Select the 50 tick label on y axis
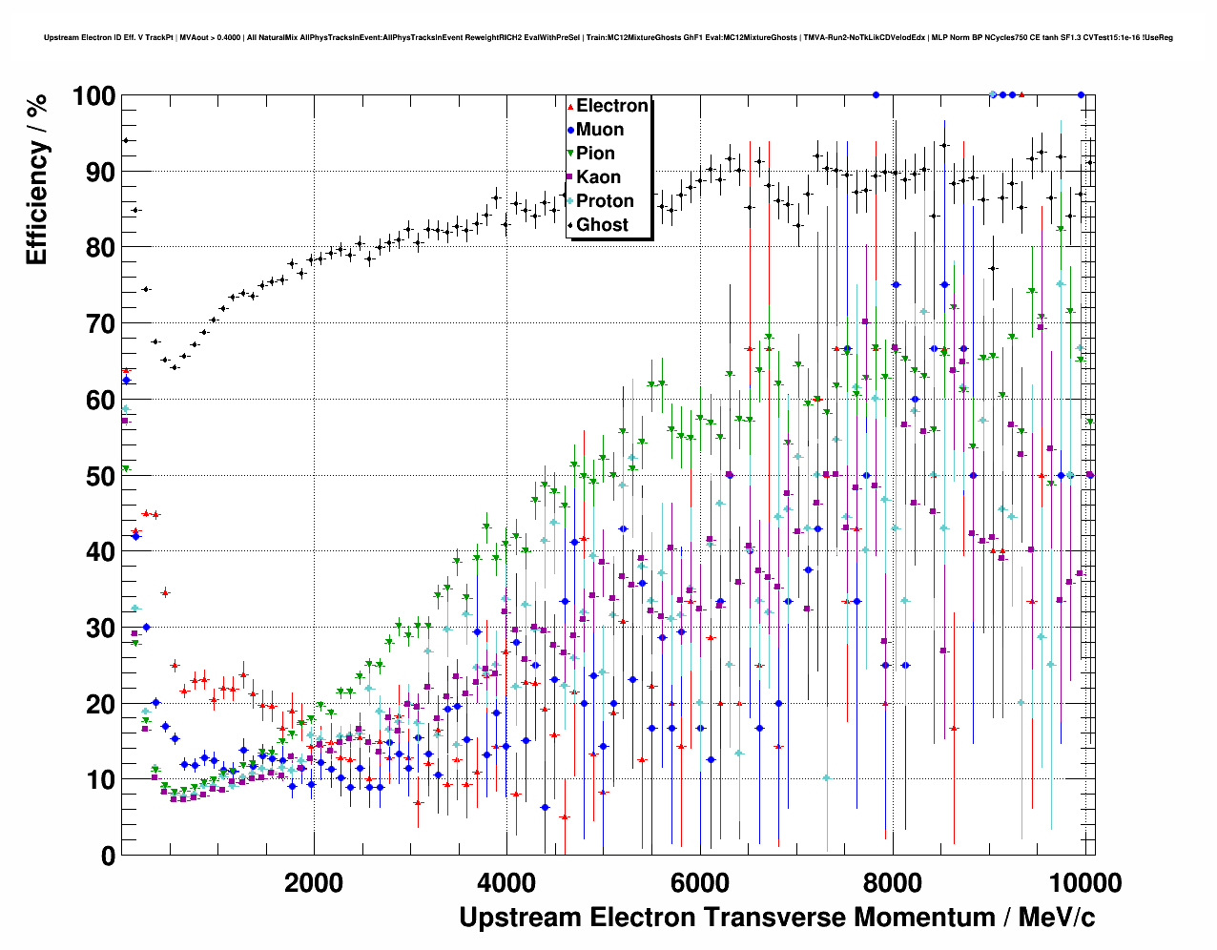(x=100, y=476)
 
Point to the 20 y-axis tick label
(x=100, y=704)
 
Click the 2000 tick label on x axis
(x=314, y=882)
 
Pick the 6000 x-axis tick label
(x=700, y=882)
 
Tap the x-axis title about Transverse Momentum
(x=776, y=918)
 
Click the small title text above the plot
(x=608, y=38)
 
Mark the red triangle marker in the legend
(x=570, y=106)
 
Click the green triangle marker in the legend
(x=570, y=154)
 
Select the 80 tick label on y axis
(x=100, y=248)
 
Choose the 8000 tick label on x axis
(x=893, y=882)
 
